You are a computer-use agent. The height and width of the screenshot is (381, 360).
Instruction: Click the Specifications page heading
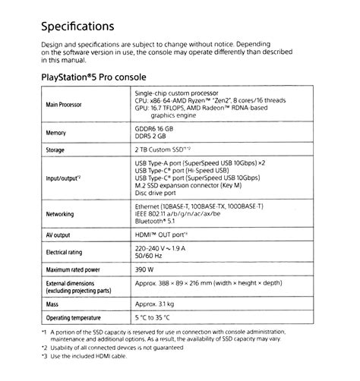tap(77, 27)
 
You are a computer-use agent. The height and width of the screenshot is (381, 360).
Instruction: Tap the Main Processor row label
tap(64, 104)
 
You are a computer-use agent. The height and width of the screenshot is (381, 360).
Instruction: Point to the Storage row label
tap(55, 150)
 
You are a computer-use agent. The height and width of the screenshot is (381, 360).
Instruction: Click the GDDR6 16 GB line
tap(157, 128)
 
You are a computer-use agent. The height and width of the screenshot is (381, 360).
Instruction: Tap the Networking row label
tap(60, 214)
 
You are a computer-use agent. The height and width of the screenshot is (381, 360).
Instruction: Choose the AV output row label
tap(58, 235)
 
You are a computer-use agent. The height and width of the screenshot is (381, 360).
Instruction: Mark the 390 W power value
tap(145, 269)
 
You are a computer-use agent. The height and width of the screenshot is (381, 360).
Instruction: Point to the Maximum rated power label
tap(74, 270)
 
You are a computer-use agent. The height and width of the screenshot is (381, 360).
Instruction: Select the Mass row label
tap(52, 304)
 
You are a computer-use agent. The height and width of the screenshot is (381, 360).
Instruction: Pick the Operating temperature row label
tap(74, 317)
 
